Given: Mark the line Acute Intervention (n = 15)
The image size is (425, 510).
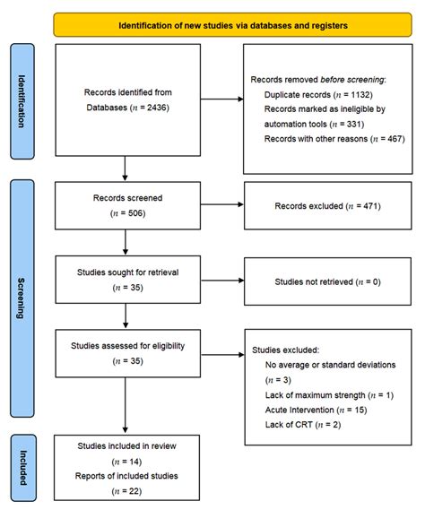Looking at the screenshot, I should [x=316, y=410].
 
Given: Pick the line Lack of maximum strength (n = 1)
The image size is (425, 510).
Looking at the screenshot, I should [x=325, y=395].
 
